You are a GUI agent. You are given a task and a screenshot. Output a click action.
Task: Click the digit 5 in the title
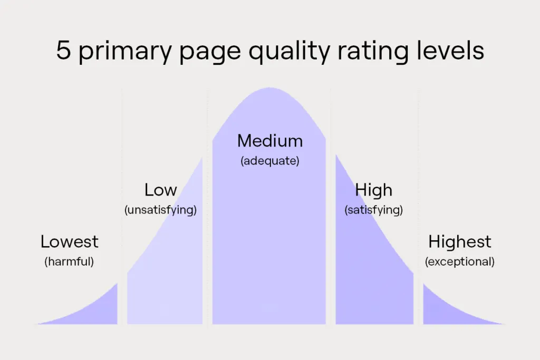(63, 50)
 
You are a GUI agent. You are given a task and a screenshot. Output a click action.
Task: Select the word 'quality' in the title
(290, 52)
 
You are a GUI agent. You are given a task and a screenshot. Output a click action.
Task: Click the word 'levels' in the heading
(450, 50)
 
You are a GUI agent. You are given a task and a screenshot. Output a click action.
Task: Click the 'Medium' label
(270, 141)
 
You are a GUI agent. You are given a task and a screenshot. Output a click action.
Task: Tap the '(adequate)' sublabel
(270, 161)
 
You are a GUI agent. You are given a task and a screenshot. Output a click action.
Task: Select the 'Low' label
(160, 190)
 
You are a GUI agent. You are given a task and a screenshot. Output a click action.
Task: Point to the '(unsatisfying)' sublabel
(160, 210)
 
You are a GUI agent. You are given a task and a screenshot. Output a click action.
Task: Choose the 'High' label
(374, 190)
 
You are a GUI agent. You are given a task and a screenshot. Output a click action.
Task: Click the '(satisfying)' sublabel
(374, 210)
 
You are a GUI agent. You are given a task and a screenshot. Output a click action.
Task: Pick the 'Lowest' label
(69, 241)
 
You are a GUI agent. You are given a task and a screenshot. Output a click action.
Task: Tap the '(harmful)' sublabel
(69, 261)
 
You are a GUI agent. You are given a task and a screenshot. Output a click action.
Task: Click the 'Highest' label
(460, 241)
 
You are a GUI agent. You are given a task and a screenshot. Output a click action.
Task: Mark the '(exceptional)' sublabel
(460, 261)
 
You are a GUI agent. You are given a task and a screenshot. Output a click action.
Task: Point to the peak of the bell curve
(269, 88)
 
